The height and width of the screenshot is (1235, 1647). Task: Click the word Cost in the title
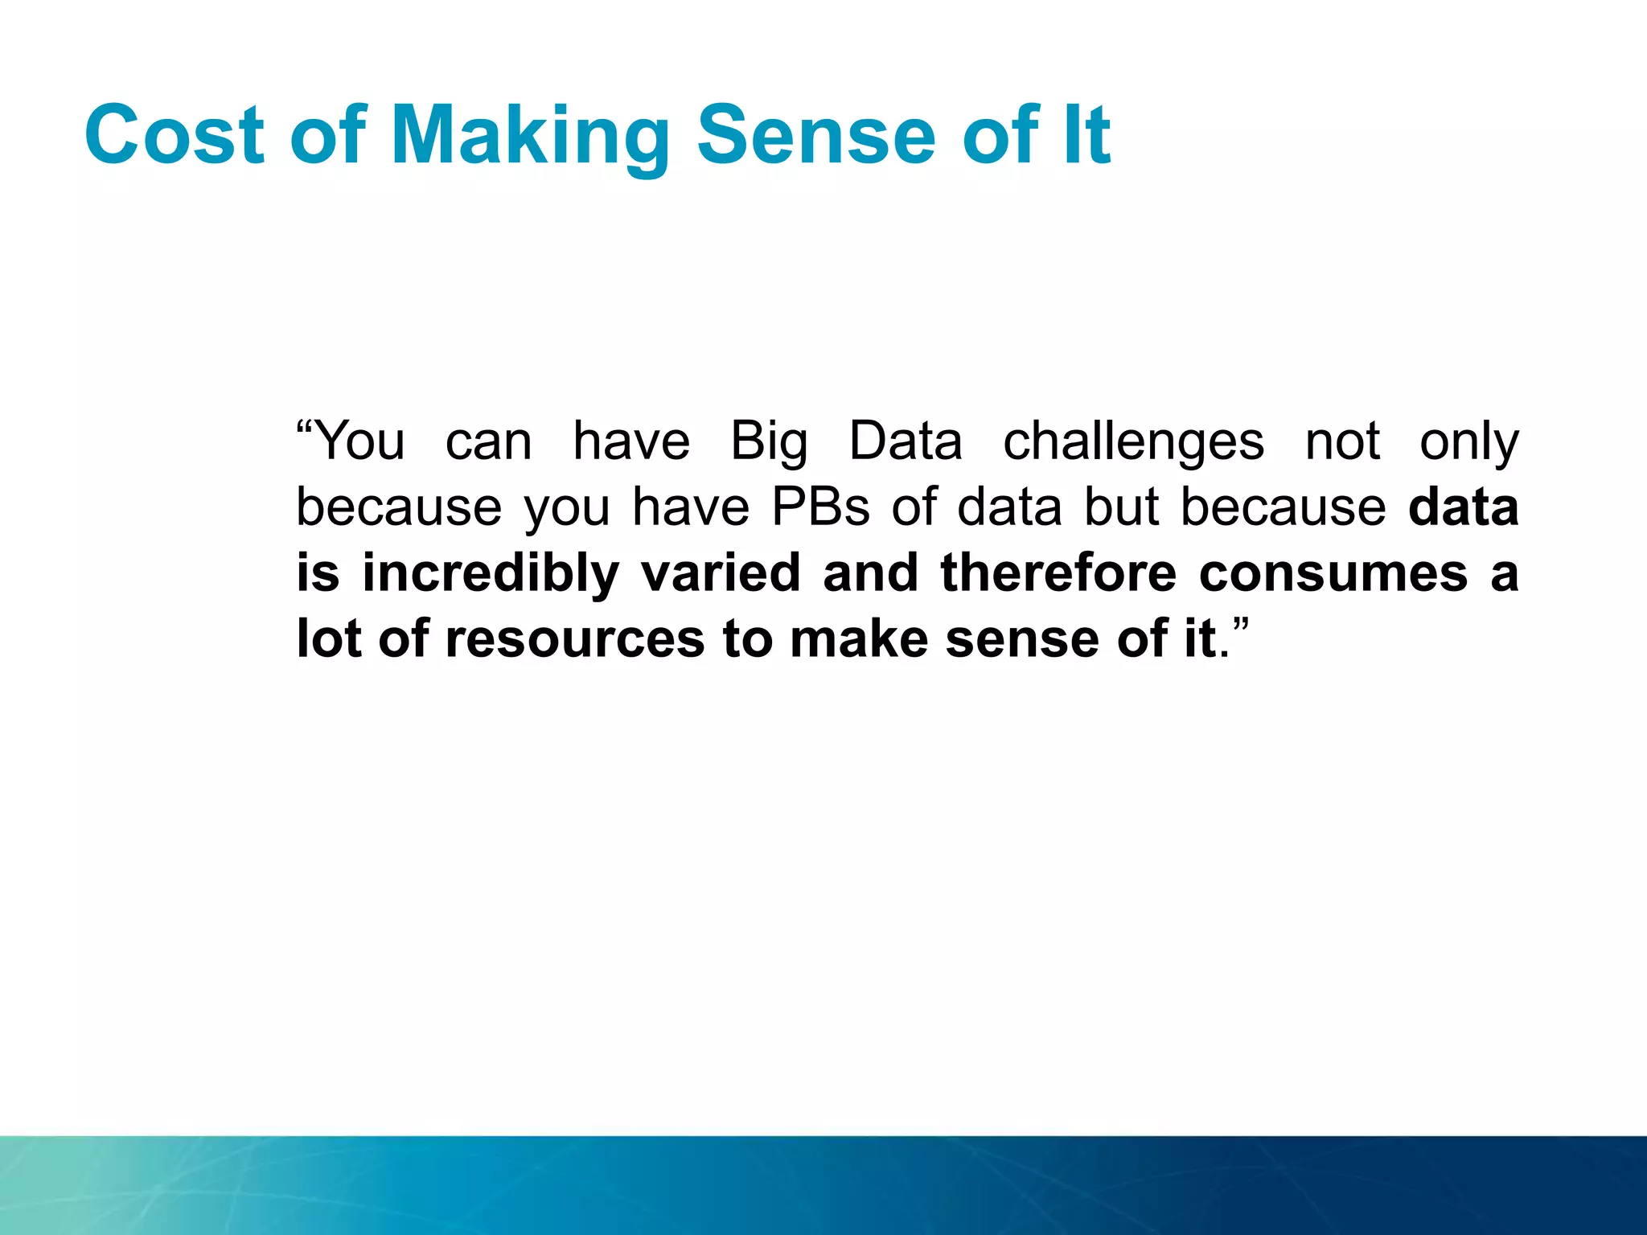click(x=174, y=135)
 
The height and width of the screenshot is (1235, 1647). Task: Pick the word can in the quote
click(x=488, y=442)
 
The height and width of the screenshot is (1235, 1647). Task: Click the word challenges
click(x=1133, y=442)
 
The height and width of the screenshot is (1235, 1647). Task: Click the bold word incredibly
click(x=490, y=574)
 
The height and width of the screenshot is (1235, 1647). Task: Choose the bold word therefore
click(x=1058, y=572)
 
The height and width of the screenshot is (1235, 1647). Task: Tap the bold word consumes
click(x=1333, y=574)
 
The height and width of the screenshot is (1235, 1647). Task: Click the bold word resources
click(x=574, y=639)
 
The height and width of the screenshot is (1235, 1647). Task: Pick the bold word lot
click(x=328, y=639)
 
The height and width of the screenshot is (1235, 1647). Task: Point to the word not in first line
click(x=1342, y=442)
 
